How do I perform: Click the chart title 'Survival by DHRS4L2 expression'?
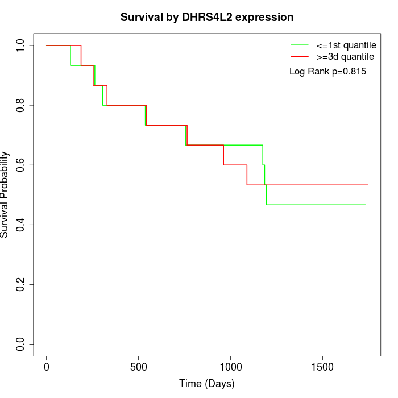click(x=207, y=17)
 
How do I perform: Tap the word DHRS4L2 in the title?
click(x=207, y=17)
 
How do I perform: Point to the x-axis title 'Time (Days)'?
click(x=207, y=384)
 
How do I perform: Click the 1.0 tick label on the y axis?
click(x=21, y=45)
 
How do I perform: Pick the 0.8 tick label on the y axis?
click(x=21, y=105)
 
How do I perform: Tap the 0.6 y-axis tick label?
click(x=21, y=165)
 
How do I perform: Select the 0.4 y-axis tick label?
click(x=21, y=225)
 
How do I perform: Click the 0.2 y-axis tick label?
click(x=21, y=284)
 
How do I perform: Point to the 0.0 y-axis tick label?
click(x=21, y=344)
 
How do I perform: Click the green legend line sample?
click(x=300, y=44)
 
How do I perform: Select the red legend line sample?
click(x=300, y=56)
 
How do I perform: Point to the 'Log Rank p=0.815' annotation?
click(x=327, y=72)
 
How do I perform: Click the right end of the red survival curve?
click(x=368, y=185)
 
